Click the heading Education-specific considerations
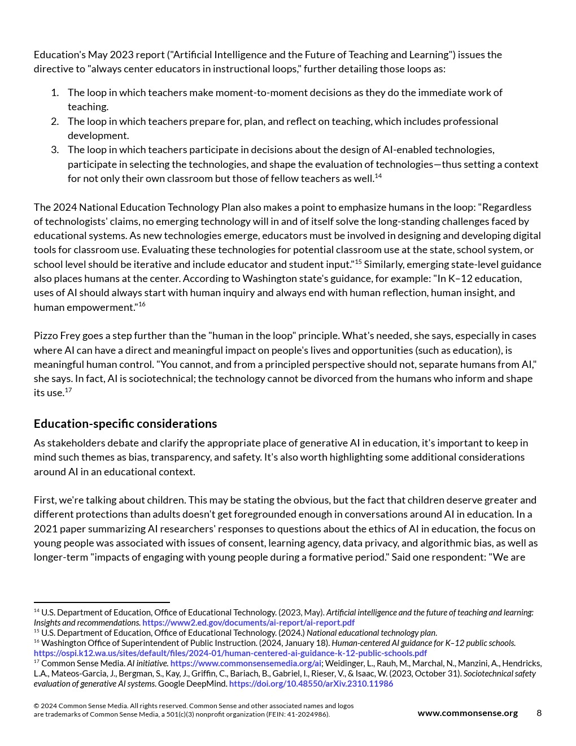click(x=125, y=424)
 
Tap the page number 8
click(x=539, y=713)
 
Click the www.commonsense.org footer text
click(x=467, y=713)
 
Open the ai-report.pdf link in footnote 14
click(x=248, y=623)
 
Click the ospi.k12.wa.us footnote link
click(x=230, y=653)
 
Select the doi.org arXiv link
click(x=311, y=684)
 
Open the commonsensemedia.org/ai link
click(x=245, y=663)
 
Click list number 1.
click(x=55, y=93)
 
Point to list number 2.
click(x=55, y=122)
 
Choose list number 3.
click(x=55, y=150)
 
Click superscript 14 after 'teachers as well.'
click(x=378, y=176)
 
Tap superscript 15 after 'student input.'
click(x=358, y=262)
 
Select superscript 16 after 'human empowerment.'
click(x=142, y=304)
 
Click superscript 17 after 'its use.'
click(x=68, y=390)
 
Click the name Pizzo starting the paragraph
click(x=46, y=336)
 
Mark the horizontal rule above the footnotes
click(x=102, y=602)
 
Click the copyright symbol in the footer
click(x=36, y=706)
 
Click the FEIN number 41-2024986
click(x=308, y=714)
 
